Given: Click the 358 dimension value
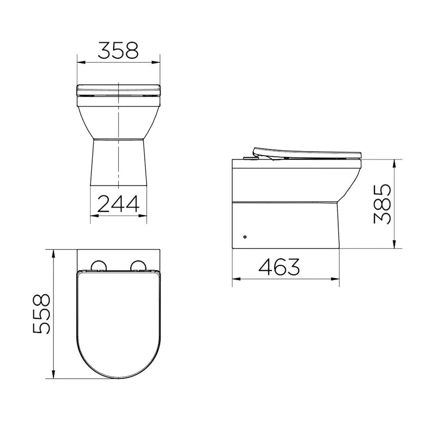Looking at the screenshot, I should (x=118, y=51).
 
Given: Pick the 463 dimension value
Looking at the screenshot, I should (x=279, y=267).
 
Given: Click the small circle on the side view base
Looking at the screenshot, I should (x=245, y=236).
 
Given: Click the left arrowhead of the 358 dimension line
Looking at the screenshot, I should (x=80, y=62).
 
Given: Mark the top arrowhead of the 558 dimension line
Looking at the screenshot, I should (x=53, y=253).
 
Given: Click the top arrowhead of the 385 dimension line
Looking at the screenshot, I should (x=394, y=162).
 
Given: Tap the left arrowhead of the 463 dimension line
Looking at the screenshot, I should (x=235, y=279).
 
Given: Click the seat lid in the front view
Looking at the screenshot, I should (x=118, y=89).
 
